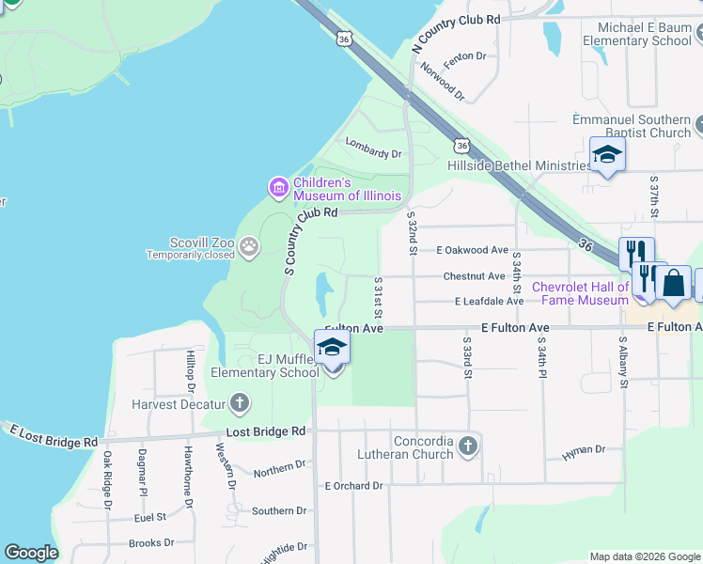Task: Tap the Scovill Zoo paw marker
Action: coord(249,247)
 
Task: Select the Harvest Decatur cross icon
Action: coord(240,404)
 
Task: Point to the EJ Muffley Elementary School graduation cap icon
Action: coord(332,348)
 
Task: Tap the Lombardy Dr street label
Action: coord(373,148)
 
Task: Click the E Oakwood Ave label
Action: coord(472,250)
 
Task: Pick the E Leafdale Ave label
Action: coord(489,301)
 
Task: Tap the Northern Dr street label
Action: coord(280,466)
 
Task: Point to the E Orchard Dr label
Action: coord(353,486)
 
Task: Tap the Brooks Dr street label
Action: coord(150,542)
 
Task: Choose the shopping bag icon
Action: coord(674,283)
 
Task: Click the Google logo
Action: coord(31,553)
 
